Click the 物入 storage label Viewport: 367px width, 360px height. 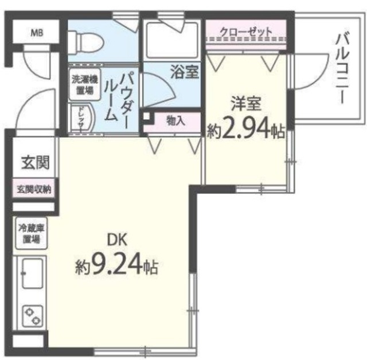175,121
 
